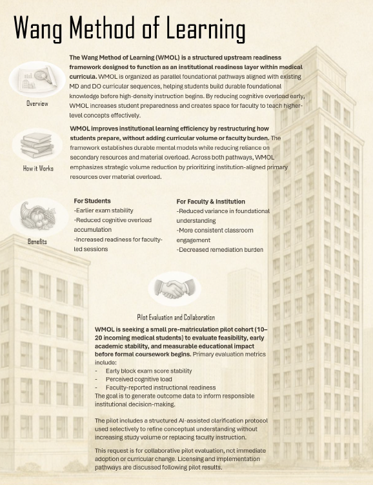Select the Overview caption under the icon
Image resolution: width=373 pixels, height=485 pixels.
[x=37, y=103]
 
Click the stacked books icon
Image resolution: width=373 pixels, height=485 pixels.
[x=37, y=145]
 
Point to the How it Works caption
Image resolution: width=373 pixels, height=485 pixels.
[x=37, y=169]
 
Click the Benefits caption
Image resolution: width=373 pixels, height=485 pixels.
[x=37, y=242]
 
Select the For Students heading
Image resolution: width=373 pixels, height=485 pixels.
[x=92, y=201]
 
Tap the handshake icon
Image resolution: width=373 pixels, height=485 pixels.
[x=174, y=289]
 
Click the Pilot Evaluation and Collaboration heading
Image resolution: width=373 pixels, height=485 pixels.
[x=176, y=317]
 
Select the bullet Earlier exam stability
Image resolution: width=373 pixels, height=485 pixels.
[x=104, y=211]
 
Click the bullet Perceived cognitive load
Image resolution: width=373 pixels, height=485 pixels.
[x=134, y=379]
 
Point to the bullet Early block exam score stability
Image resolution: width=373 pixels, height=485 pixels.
[x=148, y=371]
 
